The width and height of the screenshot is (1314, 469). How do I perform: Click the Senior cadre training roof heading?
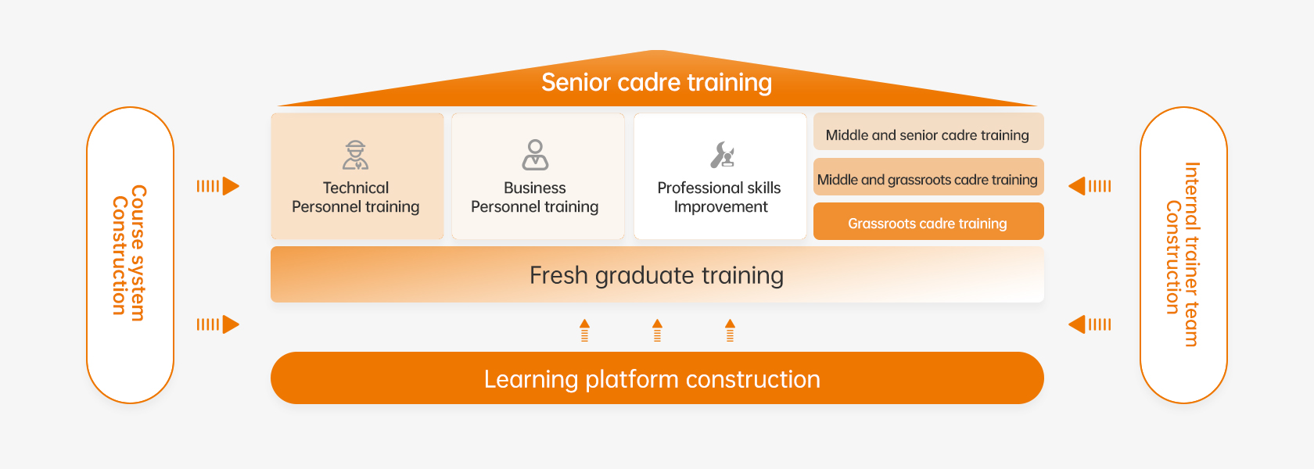click(x=656, y=82)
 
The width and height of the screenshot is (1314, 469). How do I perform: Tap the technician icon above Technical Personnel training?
click(x=356, y=155)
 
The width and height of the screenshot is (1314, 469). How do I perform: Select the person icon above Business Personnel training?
click(x=535, y=155)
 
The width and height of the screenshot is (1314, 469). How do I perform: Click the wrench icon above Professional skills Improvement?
click(x=722, y=155)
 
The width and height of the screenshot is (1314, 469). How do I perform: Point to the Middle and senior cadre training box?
click(x=928, y=134)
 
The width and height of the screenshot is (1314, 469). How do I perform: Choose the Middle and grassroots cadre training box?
click(x=928, y=179)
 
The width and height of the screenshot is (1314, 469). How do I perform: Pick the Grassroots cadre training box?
click(x=928, y=223)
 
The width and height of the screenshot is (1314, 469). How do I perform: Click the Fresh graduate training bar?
click(x=656, y=275)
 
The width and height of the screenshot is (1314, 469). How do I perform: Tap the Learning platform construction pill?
click(x=656, y=378)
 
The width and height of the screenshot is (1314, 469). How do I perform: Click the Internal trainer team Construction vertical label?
click(x=1183, y=254)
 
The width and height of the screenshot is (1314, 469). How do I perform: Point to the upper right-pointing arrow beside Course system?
click(x=218, y=186)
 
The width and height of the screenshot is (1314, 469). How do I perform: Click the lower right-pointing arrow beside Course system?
click(x=218, y=324)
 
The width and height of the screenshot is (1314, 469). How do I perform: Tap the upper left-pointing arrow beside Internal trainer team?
click(x=1090, y=186)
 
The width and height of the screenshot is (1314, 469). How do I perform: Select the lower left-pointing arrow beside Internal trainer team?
click(x=1090, y=324)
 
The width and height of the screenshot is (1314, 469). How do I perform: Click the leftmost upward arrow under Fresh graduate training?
click(x=584, y=330)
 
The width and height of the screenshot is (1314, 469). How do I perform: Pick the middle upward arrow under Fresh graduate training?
click(x=657, y=330)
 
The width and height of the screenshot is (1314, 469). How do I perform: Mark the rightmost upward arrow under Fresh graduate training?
click(x=730, y=330)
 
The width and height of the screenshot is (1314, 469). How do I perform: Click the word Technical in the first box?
click(x=356, y=188)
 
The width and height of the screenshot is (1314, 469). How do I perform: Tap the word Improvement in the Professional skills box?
click(x=721, y=206)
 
